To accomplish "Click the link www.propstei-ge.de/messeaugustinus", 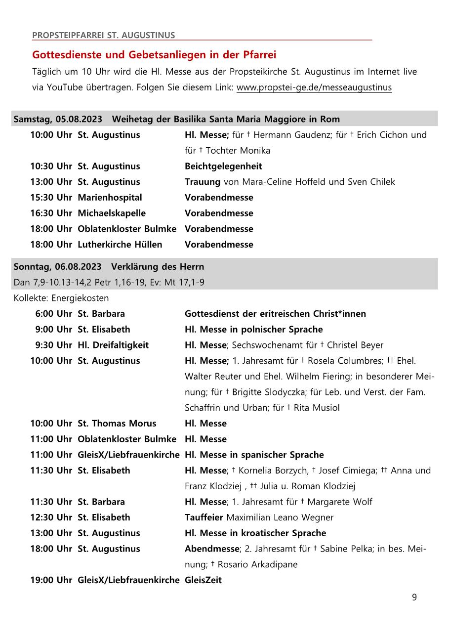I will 314,87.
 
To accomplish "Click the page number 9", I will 414,597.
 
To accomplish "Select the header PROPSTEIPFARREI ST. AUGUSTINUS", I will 103,35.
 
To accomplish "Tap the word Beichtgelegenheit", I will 223,166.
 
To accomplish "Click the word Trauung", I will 203,182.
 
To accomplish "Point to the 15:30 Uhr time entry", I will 51,198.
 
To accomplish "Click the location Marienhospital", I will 110,198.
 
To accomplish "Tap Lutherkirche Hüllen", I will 120,245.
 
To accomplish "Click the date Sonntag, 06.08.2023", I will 57,267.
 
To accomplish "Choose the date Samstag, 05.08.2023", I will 58,120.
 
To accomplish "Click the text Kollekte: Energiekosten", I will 61,298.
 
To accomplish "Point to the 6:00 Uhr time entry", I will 53,314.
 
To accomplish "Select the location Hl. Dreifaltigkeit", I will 113,345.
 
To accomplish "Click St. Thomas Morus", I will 117,424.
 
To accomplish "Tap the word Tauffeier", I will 204,517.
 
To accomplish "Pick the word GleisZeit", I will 203,580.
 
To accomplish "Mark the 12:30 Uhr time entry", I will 51,517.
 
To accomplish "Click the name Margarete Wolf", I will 340,502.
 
